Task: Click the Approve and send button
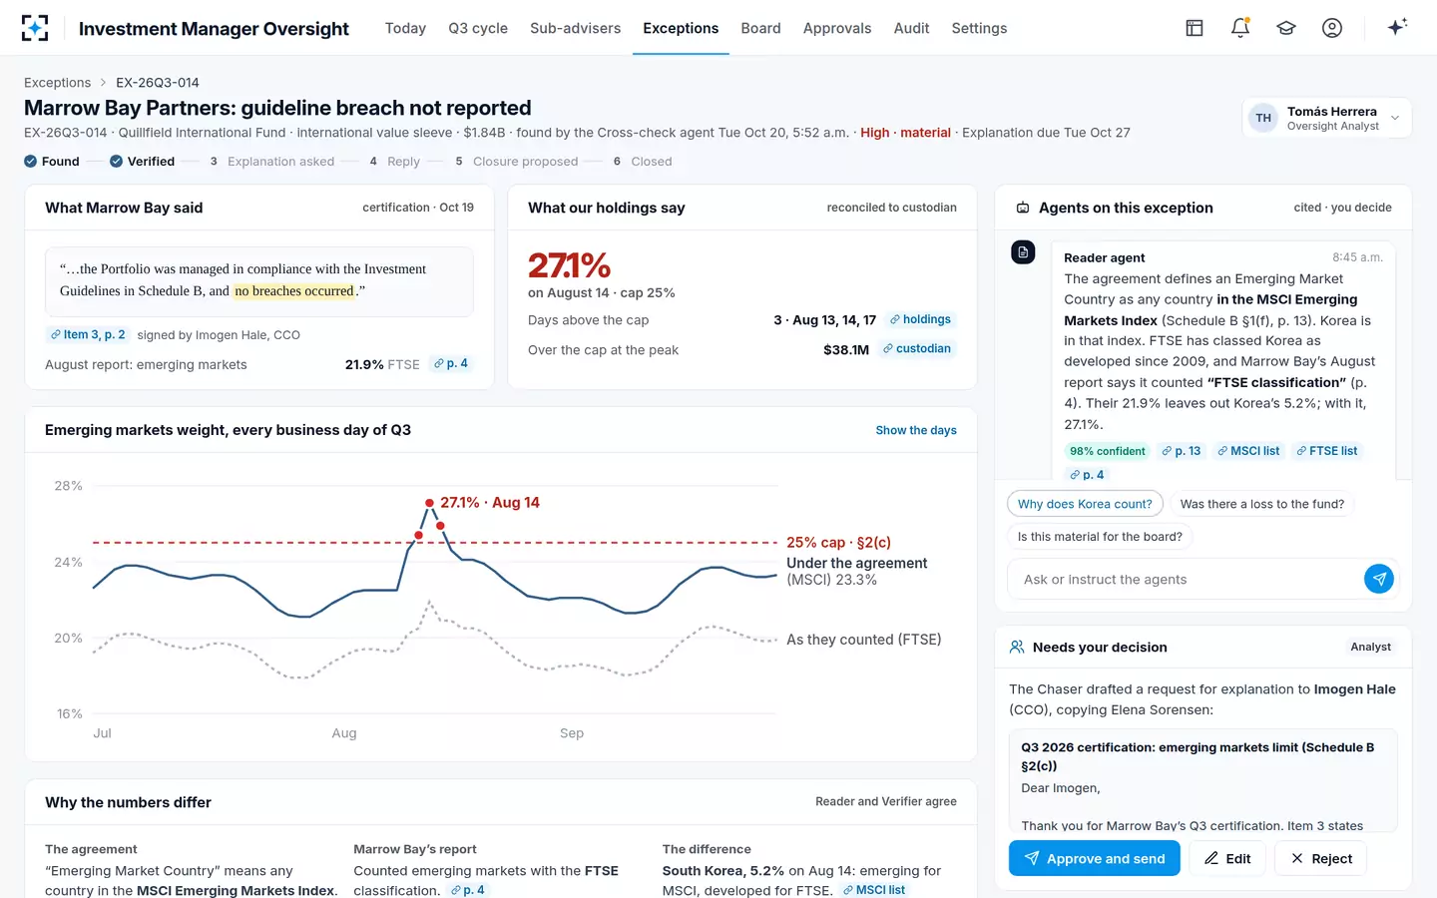[1094, 858]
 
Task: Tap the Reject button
[1320, 858]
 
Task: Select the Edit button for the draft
[1227, 858]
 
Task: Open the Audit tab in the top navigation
[911, 28]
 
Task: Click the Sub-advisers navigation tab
[575, 28]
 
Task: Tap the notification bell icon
[1240, 28]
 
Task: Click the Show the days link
[915, 430]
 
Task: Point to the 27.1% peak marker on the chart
[429, 503]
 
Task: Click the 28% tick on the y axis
[68, 486]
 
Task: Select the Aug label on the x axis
[344, 732]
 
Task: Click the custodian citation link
[917, 348]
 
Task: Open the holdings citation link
[920, 319]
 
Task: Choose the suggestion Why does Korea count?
[1085, 504]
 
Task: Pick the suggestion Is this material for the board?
[1100, 536]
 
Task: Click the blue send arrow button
[1379, 579]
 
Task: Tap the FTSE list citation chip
[1326, 451]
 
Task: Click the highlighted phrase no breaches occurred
[293, 290]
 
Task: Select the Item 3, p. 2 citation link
[88, 334]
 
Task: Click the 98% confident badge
[1107, 451]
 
